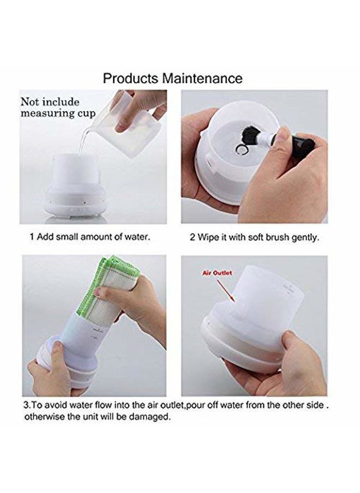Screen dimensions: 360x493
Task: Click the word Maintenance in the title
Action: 202,78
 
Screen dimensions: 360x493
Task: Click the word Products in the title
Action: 130,79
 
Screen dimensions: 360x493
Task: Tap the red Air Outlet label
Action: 217,273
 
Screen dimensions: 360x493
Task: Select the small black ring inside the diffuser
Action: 241,151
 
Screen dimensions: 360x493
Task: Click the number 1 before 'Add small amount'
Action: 32,237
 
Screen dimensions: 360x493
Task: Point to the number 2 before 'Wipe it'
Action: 193,237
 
